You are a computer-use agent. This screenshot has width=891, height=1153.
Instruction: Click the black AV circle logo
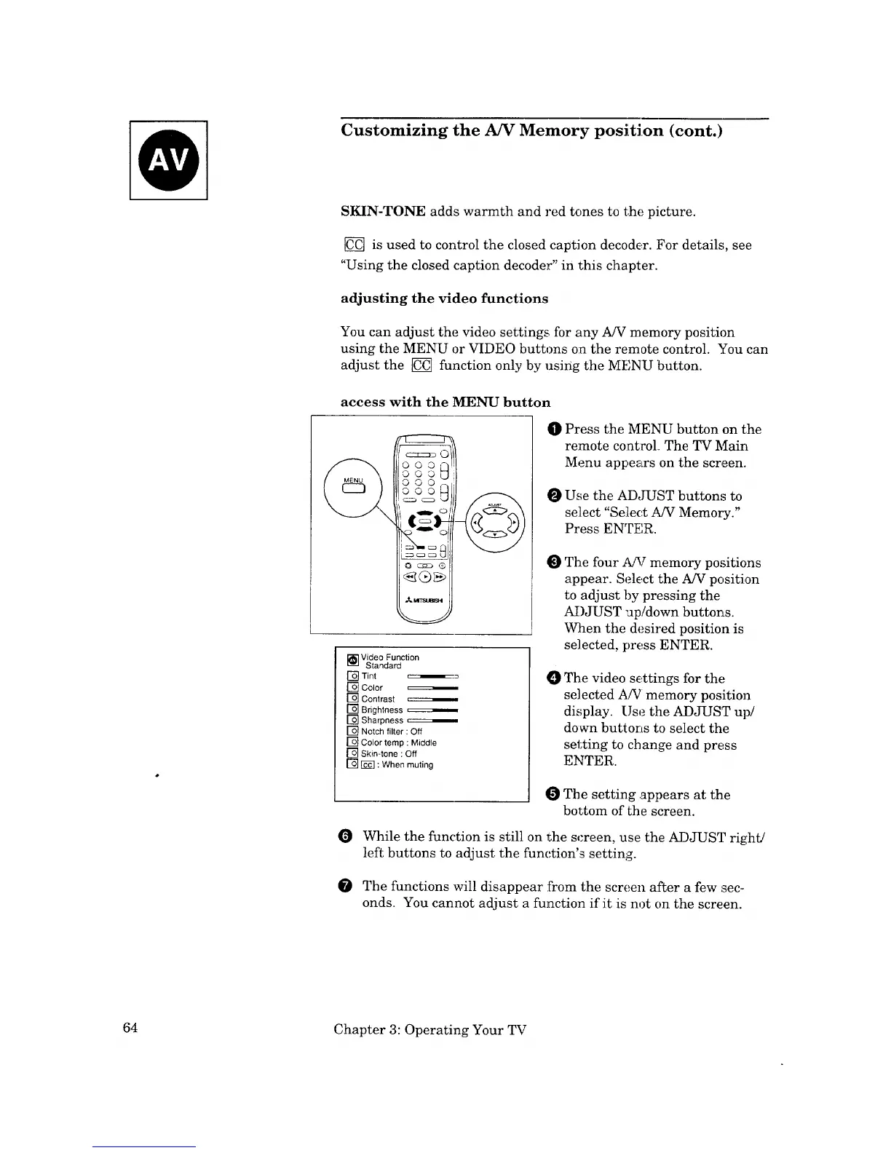click(169, 159)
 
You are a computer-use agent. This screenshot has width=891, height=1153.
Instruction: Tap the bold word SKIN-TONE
click(383, 212)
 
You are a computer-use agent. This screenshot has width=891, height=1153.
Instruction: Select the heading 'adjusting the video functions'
click(444, 298)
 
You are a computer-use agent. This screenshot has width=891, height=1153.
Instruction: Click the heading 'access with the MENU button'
click(445, 403)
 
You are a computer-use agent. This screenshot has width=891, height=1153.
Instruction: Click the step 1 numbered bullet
click(556, 429)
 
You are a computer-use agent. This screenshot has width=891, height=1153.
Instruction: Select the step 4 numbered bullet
click(555, 678)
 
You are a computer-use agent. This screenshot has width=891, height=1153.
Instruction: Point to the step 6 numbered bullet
click(346, 837)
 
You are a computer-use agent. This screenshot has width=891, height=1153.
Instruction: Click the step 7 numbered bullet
click(346, 886)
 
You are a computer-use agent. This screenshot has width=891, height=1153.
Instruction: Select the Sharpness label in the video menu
click(381, 721)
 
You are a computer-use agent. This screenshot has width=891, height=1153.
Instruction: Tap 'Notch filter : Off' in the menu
click(391, 732)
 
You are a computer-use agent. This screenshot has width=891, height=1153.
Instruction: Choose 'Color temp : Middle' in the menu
click(398, 742)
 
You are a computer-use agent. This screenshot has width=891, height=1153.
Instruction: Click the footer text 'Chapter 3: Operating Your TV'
click(429, 1029)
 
